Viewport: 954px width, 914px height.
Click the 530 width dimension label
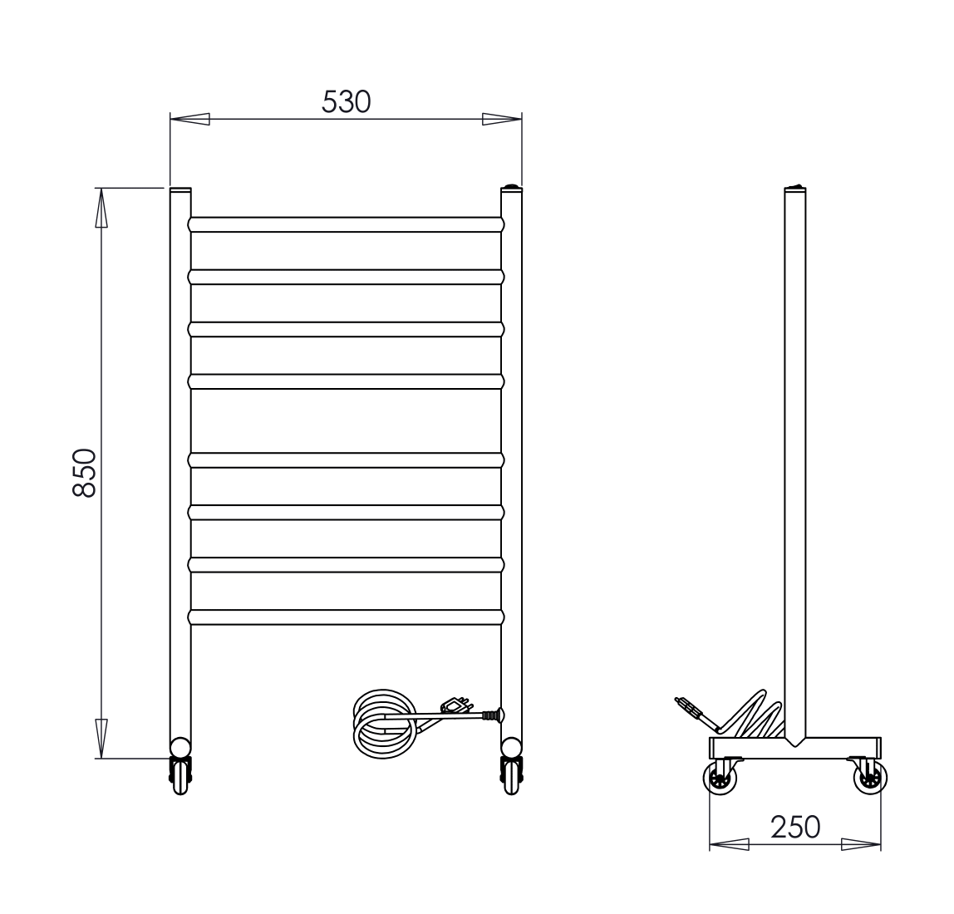[346, 101]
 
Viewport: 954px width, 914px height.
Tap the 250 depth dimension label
[795, 827]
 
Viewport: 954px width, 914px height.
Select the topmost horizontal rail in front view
[346, 224]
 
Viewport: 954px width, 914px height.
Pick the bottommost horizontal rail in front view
[346, 617]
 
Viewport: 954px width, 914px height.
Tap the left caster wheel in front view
[180, 776]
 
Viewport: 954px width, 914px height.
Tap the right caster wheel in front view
[511, 776]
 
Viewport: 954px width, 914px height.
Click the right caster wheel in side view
[870, 780]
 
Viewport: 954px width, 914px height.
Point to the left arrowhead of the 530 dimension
[189, 120]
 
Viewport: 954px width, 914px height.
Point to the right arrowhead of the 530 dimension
[502, 120]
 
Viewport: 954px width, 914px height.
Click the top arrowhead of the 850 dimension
[101, 208]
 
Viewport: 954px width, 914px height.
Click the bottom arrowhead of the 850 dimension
[101, 738]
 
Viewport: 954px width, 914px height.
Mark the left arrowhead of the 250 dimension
[729, 845]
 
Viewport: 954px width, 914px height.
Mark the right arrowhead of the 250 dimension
[861, 845]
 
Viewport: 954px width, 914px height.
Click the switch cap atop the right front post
[512, 186]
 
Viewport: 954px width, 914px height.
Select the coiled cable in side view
[752, 714]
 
